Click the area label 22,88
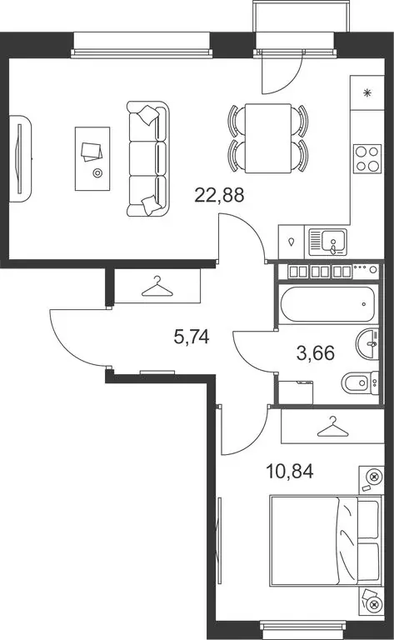coord(219,195)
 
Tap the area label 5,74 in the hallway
coord(192,337)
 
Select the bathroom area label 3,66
coord(316,352)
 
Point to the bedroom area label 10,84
coord(290,471)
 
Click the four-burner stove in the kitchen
coord(367,158)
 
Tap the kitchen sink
coord(327,242)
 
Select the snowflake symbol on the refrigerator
coord(367,93)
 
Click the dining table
coord(268,138)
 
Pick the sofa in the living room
coord(147,159)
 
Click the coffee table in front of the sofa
coord(92,158)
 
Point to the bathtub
coord(327,304)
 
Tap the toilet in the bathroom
coord(360,383)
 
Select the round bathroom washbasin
coord(367,344)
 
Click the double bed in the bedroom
coord(326,542)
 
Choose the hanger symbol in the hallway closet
coord(157,287)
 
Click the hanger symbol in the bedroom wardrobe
coord(333,426)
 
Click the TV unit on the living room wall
coord(20,159)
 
